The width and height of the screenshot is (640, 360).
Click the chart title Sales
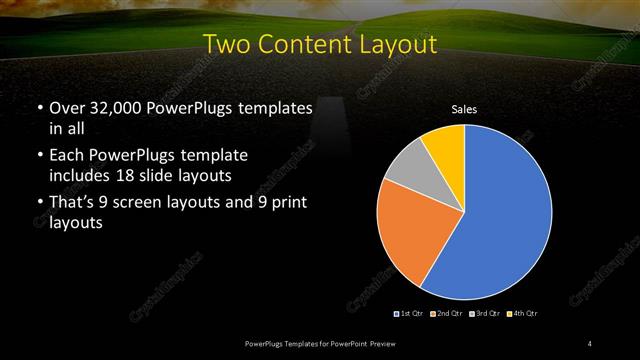[x=464, y=108]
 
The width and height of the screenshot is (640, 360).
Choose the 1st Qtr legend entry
[x=410, y=314]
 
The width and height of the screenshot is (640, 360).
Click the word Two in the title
[x=224, y=44]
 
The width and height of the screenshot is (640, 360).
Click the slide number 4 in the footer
[x=590, y=344]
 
